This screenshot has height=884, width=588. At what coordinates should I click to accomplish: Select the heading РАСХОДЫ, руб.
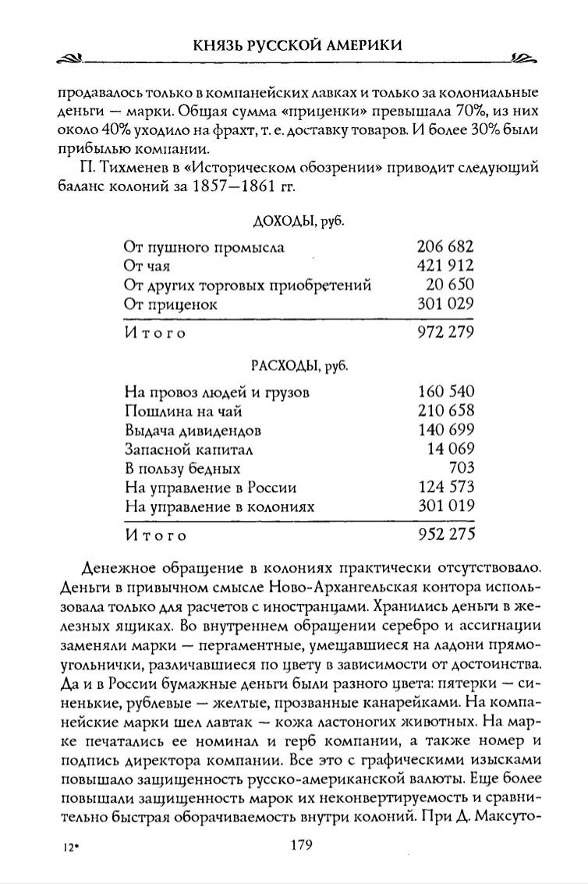(299, 365)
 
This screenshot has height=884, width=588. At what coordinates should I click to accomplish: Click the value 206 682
(446, 247)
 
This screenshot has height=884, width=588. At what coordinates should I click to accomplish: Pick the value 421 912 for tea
(446, 266)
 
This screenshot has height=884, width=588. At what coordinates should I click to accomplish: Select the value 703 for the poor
(462, 468)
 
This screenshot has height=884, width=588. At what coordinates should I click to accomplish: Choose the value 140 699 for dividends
(446, 430)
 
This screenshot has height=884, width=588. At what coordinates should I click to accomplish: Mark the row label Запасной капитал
(190, 449)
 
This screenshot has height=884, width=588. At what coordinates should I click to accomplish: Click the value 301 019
(446, 506)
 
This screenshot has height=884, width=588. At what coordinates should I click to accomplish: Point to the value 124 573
(446, 488)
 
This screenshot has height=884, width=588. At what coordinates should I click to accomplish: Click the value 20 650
(450, 285)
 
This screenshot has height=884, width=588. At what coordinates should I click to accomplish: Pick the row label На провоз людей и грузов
(217, 392)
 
